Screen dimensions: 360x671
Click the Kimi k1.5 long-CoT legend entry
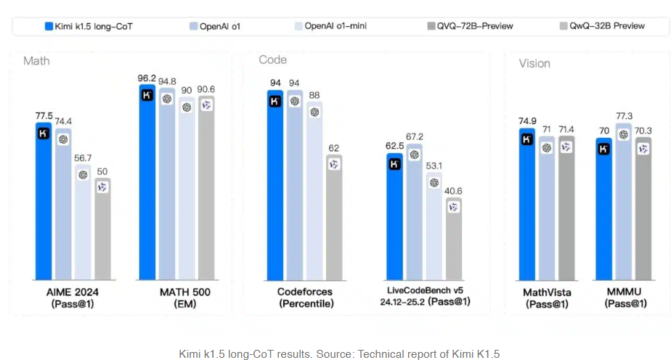(88, 26)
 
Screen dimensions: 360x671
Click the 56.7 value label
(83, 157)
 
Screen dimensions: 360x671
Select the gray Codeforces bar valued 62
(334, 218)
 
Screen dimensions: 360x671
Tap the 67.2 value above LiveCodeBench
(415, 136)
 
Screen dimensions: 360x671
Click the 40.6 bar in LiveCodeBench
(453, 240)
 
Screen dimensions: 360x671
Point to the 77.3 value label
(624, 116)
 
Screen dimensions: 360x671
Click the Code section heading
(272, 60)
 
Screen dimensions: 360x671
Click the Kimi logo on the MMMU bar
(603, 149)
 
